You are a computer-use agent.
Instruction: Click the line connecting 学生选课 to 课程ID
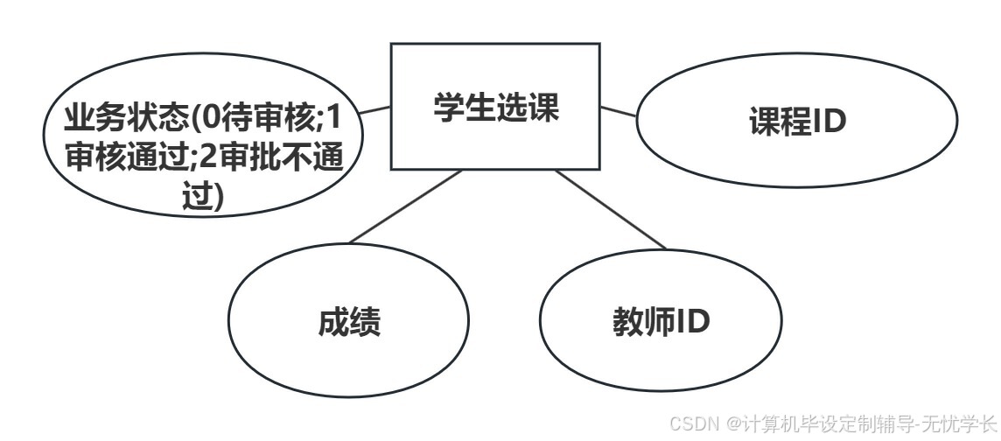[619, 112]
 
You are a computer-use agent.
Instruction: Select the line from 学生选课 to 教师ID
[610, 209]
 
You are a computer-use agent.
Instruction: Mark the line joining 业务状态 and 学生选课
[375, 110]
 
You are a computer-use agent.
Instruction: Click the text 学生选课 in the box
[495, 108]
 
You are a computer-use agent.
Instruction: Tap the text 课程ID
[798, 122]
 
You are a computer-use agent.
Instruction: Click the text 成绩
[348, 323]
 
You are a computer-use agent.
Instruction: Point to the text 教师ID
[661, 322]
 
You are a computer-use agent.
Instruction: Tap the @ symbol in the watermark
[733, 423]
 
